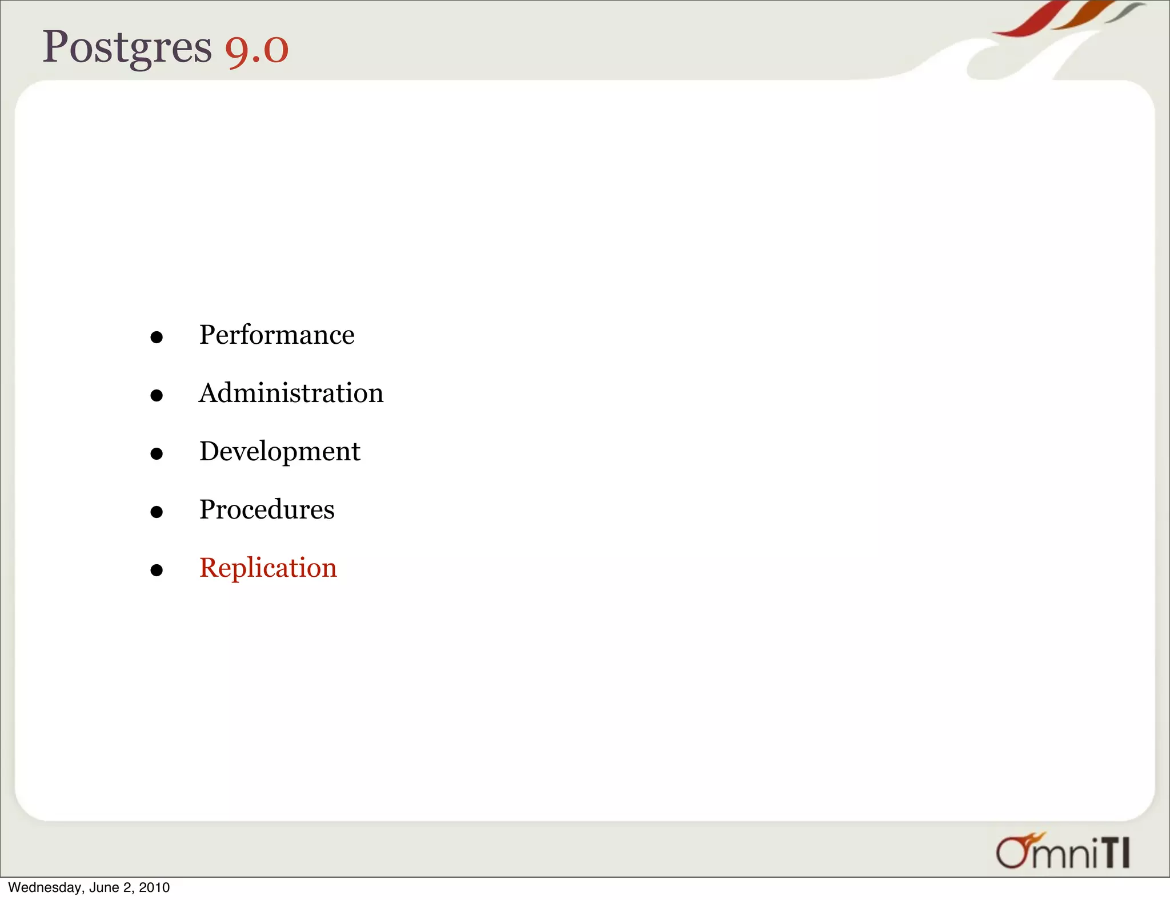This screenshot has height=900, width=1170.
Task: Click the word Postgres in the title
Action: coord(127,47)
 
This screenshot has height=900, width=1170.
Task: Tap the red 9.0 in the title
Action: coord(257,49)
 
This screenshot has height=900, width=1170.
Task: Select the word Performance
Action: coord(277,335)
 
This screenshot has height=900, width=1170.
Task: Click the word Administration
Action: coord(291,393)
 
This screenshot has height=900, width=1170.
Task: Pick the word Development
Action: coord(279,451)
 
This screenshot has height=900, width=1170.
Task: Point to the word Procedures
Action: coord(267,509)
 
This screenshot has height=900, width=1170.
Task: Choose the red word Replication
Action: coord(268,568)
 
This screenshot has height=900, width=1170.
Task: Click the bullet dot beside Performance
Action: coord(157,337)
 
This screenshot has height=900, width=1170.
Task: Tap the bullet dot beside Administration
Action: coord(157,395)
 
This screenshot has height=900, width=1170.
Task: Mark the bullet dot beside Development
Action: coord(157,454)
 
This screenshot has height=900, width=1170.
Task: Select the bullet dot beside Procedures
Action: coord(157,512)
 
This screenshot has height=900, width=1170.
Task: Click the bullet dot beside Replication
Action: coord(157,570)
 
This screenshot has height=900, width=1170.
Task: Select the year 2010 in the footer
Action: coord(154,887)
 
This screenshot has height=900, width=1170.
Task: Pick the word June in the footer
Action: coord(103,887)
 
